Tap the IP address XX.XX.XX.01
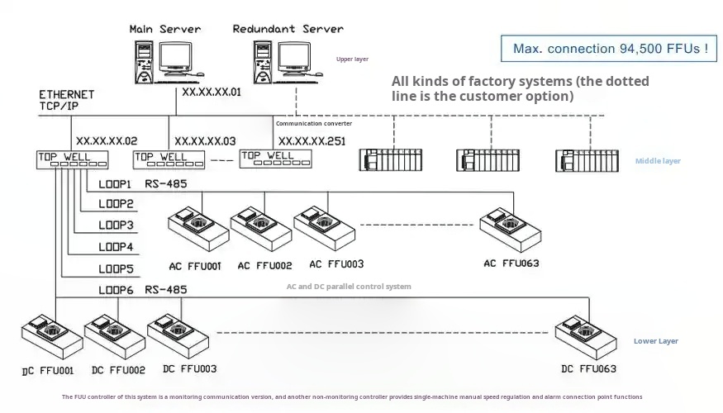click(x=212, y=93)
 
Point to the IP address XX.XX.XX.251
click(x=312, y=141)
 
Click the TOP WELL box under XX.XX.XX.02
click(x=74, y=159)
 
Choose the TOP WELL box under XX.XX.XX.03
click(x=170, y=159)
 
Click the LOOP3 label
click(x=116, y=225)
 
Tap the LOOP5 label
click(x=116, y=268)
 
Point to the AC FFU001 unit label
click(x=195, y=266)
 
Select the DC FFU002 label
click(x=118, y=371)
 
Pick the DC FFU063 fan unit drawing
click(x=585, y=334)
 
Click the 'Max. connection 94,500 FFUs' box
click(x=609, y=49)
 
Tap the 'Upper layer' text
click(x=352, y=59)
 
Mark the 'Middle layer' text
click(x=658, y=161)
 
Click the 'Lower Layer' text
click(x=656, y=341)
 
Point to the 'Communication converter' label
click(x=313, y=123)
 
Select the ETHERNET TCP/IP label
click(x=66, y=100)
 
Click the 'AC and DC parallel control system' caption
click(x=348, y=287)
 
